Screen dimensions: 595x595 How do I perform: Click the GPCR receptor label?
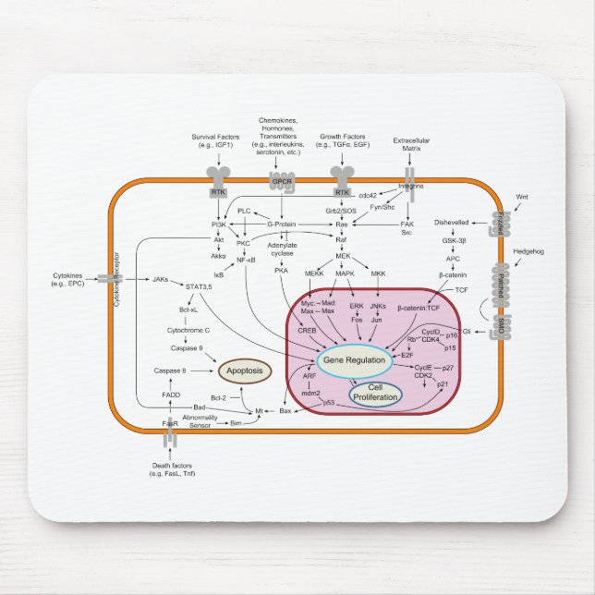click(281, 192)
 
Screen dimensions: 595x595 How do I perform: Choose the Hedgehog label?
click(529, 249)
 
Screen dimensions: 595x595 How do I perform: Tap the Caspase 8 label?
click(171, 370)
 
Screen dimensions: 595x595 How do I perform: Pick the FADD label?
click(171, 395)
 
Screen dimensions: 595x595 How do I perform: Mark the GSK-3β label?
click(454, 239)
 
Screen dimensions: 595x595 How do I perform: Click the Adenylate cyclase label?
click(282, 249)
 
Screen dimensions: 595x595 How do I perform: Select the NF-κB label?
click(246, 261)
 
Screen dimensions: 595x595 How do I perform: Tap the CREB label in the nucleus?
click(309, 327)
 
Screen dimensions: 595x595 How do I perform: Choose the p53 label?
click(329, 403)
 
